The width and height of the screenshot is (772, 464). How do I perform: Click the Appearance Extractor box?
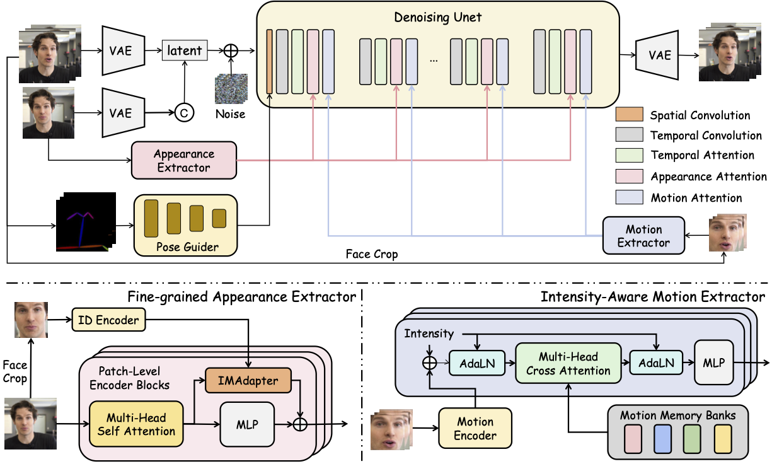pyautogui.click(x=183, y=160)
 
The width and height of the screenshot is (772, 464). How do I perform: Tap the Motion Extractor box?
pyautogui.click(x=643, y=236)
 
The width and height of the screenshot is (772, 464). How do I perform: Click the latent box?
pyautogui.click(x=184, y=50)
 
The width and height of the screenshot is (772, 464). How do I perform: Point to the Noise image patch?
pyautogui.click(x=230, y=89)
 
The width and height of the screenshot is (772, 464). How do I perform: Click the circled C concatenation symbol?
pyautogui.click(x=184, y=113)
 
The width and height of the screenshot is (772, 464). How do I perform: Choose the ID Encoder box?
pyautogui.click(x=108, y=320)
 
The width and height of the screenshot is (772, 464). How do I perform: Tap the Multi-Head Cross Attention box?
pyautogui.click(x=562, y=363)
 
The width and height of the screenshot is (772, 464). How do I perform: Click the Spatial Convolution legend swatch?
pyautogui.click(x=629, y=115)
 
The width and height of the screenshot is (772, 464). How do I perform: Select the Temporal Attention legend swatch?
pyautogui.click(x=629, y=155)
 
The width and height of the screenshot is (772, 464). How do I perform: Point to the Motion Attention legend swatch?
pyautogui.click(x=629, y=197)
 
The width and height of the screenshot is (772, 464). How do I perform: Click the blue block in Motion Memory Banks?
pyautogui.click(x=662, y=439)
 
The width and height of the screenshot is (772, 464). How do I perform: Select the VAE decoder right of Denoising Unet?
pyautogui.click(x=659, y=55)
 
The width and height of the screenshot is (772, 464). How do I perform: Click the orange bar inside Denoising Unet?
pyautogui.click(x=269, y=61)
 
